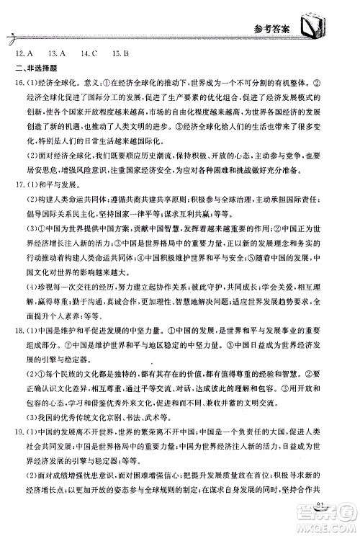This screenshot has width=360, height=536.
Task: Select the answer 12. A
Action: click(x=26, y=53)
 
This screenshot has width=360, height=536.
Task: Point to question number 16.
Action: click(x=22, y=86)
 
